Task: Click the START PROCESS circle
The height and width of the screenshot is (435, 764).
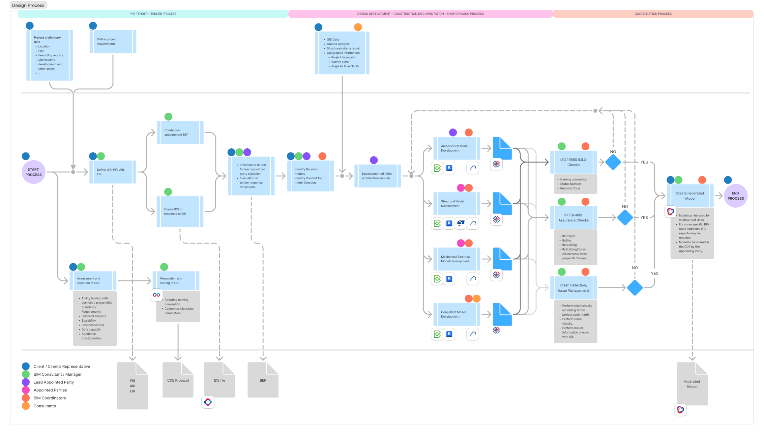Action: [x=34, y=172]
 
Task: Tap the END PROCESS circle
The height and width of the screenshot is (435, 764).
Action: [x=735, y=196]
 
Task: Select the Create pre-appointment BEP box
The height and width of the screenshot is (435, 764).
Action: [x=180, y=132]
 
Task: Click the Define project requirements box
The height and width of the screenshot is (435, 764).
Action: [x=113, y=42]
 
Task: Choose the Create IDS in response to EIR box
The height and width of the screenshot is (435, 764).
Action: [x=180, y=212]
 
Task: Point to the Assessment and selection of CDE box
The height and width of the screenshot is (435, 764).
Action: [x=93, y=281]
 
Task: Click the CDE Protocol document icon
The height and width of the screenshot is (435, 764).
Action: [x=178, y=380]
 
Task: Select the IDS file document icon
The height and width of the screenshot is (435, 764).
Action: [x=220, y=380]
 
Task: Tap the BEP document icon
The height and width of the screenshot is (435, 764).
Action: [x=263, y=380]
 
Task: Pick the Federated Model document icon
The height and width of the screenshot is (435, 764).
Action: [x=692, y=384]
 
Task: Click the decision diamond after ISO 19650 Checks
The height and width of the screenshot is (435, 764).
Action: [x=613, y=162]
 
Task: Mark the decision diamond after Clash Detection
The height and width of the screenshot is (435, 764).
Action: [x=635, y=288]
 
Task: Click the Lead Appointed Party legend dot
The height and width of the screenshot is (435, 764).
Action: [x=26, y=382]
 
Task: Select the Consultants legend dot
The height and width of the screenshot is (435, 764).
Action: [x=26, y=406]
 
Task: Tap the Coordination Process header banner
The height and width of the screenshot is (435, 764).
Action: [x=653, y=14]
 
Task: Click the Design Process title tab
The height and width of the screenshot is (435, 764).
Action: [x=28, y=5]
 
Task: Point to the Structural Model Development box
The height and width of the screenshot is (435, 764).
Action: [x=456, y=204]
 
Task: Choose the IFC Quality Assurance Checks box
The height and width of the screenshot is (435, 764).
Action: [x=573, y=217]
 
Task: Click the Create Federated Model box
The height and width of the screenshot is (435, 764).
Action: [x=690, y=196]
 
